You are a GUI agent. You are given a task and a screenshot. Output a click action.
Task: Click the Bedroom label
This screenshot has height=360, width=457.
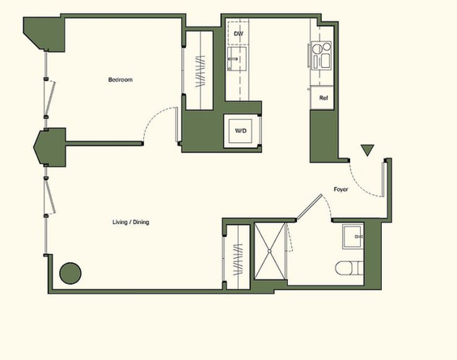coord(121,79)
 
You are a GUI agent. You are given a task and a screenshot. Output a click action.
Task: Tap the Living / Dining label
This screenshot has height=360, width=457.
coord(131,222)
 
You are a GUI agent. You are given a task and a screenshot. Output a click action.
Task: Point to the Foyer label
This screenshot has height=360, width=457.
coord(341,189)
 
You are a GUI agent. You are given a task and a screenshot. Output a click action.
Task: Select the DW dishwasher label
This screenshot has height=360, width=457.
coord(239,33)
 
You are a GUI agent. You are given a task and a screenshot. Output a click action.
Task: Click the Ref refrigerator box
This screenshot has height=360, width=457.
coord(322,98)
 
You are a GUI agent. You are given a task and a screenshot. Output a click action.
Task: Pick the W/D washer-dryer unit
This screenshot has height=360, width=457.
coord(240,131)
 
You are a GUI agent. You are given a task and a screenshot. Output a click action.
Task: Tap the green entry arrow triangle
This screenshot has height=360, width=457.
coord(367,150)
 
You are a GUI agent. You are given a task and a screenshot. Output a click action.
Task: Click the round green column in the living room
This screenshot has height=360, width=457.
coord(70,273)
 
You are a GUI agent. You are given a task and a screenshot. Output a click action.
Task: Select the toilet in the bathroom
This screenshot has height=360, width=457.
coord(349,268)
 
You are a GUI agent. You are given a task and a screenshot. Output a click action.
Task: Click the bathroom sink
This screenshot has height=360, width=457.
coord(353,236)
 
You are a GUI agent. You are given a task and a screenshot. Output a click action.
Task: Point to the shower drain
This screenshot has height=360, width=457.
coord(269,251)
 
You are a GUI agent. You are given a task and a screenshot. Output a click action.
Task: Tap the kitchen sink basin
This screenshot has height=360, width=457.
coord(237,59)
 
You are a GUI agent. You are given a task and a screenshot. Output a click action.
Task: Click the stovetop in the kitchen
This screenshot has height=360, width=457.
coord(321,55)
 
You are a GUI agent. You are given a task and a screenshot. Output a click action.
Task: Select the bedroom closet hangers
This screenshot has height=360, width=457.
coord(201,71)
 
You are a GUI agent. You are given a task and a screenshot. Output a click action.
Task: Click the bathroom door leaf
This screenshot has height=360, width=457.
coord(309,206)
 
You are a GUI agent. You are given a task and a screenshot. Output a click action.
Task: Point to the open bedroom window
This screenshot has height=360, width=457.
coord(49,98)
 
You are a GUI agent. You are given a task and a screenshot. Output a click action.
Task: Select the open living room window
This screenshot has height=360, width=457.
coord(49,197)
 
